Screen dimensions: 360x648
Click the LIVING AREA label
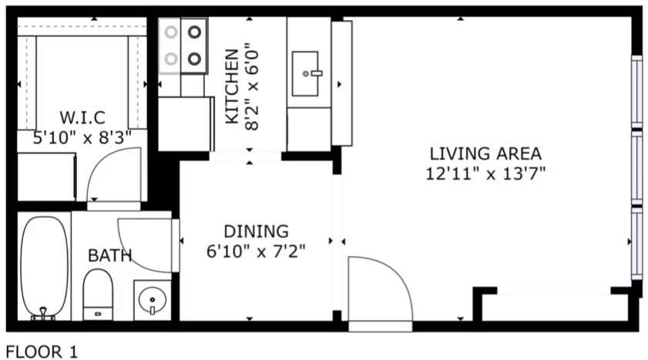(x=485, y=153)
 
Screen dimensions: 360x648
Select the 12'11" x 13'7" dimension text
(x=485, y=173)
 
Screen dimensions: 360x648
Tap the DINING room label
(x=256, y=230)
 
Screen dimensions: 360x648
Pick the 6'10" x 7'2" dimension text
(x=257, y=251)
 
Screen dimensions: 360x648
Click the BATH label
(x=109, y=255)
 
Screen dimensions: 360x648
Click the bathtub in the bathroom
(x=44, y=266)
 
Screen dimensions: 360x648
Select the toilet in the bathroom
(x=98, y=298)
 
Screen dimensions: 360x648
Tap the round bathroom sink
(x=153, y=298)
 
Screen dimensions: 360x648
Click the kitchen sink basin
(x=311, y=74)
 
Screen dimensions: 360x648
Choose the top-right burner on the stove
(x=195, y=32)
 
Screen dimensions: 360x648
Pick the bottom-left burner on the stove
(x=170, y=58)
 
